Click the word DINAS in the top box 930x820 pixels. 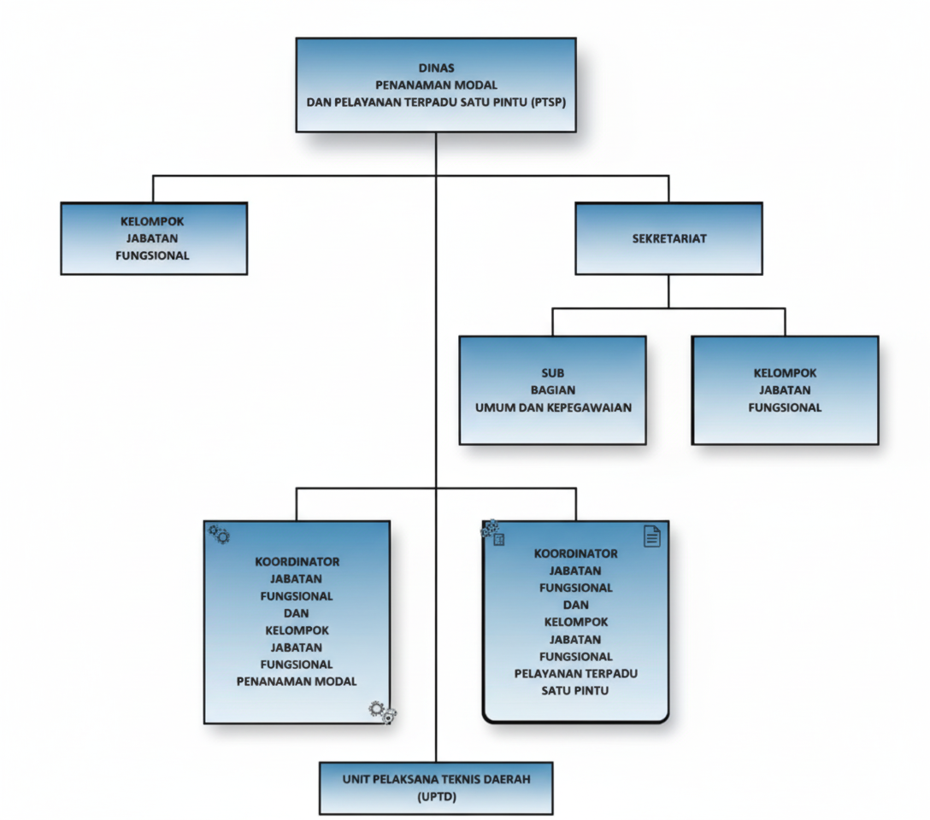point(436,67)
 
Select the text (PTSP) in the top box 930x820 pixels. point(548,102)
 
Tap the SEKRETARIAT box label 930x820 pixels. point(668,238)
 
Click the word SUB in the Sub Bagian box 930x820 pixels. point(553,373)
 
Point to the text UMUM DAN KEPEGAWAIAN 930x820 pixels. point(553,407)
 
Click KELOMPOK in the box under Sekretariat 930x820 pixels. point(785,373)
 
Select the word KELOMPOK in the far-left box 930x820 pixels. point(152,221)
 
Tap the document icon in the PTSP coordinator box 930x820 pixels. point(652,536)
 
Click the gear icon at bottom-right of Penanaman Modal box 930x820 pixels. point(382,712)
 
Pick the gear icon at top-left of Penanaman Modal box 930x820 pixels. point(220,535)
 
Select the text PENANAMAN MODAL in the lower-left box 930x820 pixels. point(297,681)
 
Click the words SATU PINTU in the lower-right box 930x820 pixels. point(575,690)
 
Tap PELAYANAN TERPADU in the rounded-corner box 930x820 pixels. point(575,673)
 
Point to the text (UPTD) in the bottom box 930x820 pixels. point(436,797)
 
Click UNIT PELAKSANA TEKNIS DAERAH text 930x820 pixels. point(436,780)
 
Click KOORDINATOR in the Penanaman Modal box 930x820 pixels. point(297,561)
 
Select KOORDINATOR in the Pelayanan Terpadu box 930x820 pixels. point(575,553)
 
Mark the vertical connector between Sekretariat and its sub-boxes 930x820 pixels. point(668,291)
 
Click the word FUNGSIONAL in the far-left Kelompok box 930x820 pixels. point(152,255)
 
